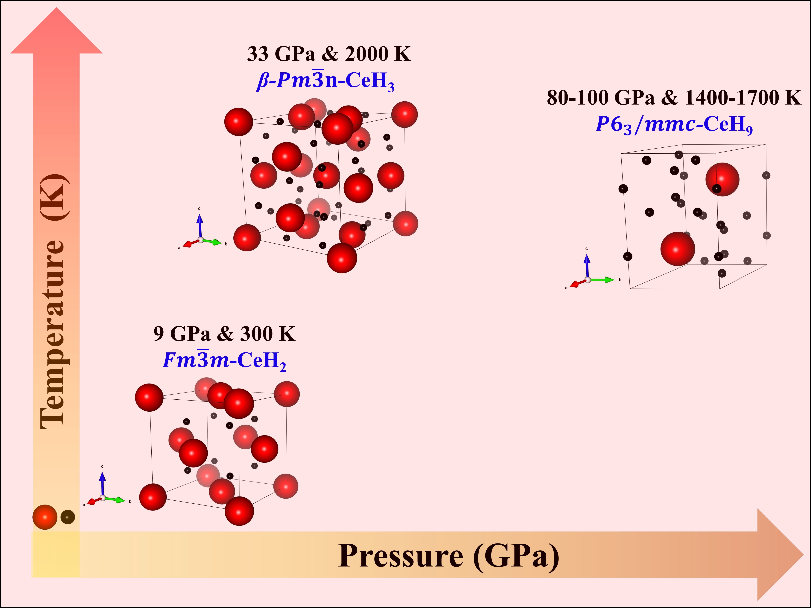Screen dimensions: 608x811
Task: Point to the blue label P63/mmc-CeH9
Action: [674, 125]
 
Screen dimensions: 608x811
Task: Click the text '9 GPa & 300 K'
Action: [224, 334]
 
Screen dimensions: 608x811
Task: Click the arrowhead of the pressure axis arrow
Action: [779, 554]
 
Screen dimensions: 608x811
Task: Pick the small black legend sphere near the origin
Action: [67, 517]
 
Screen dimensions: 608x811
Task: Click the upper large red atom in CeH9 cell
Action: [722, 180]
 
